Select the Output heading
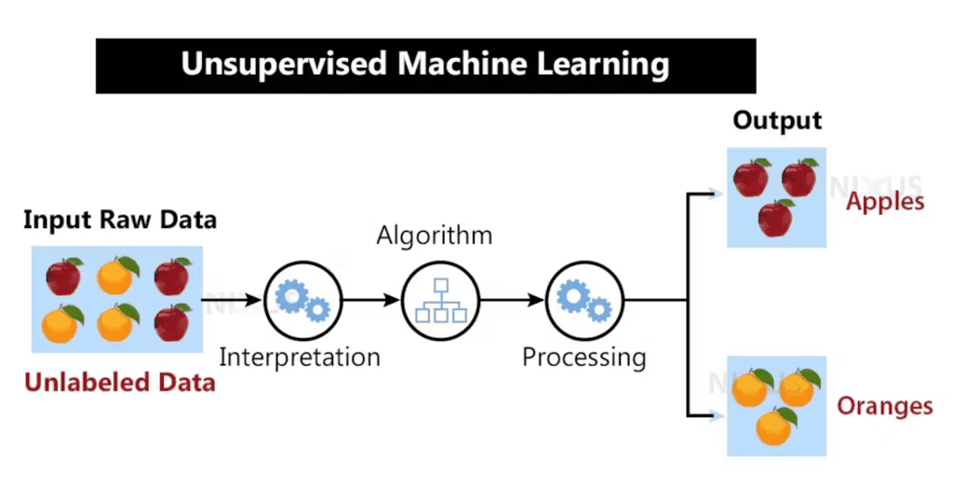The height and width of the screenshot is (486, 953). [x=777, y=121]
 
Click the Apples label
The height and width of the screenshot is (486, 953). [x=884, y=201]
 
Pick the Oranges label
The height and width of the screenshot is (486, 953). [x=884, y=406]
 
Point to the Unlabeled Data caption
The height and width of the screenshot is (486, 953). [x=119, y=383]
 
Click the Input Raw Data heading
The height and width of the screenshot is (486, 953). [x=119, y=221]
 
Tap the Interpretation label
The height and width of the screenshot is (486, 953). [x=299, y=357]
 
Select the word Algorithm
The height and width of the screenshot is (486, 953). [x=434, y=235]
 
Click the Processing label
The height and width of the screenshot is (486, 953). [x=584, y=357]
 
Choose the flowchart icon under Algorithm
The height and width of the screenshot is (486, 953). [x=440, y=300]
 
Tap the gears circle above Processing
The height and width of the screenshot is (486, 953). [x=584, y=300]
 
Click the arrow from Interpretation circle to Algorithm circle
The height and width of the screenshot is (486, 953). [x=370, y=300]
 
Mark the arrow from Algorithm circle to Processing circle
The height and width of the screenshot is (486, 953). [x=512, y=300]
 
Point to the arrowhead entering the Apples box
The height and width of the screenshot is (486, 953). [x=717, y=195]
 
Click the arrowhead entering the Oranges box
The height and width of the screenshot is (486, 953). [x=717, y=415]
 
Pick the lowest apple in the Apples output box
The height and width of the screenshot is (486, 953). [x=775, y=218]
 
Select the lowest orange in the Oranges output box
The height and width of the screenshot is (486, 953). [x=774, y=427]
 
